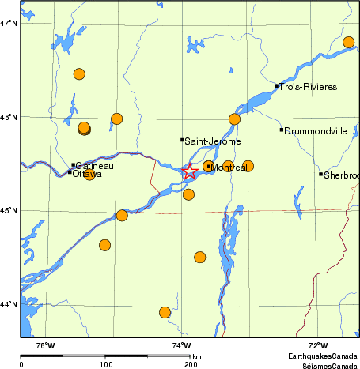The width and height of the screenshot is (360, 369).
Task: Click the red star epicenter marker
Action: tap(190, 171)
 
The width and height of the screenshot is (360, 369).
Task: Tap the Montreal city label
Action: tap(229, 168)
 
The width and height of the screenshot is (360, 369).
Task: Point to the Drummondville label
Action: tap(316, 130)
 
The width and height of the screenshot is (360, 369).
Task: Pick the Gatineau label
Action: tap(94, 166)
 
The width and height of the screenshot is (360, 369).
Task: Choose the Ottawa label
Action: tap(86, 174)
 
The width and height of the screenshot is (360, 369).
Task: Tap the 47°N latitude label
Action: tap(9, 24)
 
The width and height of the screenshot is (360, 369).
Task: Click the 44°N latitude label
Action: tap(9, 304)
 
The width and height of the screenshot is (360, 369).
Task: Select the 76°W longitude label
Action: tap(45, 345)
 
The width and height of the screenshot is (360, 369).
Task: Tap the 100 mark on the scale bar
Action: tap(105, 364)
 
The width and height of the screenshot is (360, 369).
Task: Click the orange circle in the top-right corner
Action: tap(349, 43)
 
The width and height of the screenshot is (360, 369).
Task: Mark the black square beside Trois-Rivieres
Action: tap(277, 86)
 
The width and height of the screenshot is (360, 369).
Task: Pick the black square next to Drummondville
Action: tap(282, 130)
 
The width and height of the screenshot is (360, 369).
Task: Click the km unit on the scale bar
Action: tap(197, 357)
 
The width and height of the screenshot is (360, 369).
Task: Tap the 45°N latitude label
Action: tap(9, 211)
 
